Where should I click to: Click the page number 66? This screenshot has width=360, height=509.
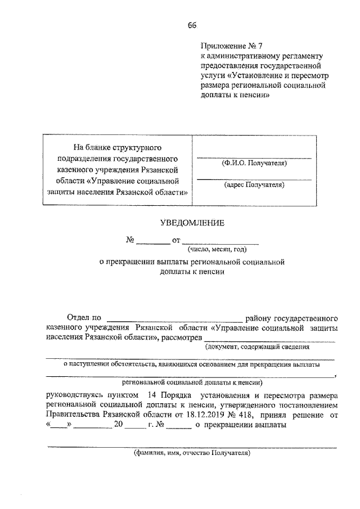[192, 25]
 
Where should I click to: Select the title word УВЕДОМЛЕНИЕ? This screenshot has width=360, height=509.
[192, 223]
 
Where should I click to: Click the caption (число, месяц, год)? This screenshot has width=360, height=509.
[220, 249]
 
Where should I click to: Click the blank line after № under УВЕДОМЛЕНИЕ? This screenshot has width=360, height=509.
[153, 242]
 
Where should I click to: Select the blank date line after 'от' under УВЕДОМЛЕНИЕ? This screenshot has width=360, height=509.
[220, 242]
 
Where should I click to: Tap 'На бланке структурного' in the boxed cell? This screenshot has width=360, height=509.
[118, 148]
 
